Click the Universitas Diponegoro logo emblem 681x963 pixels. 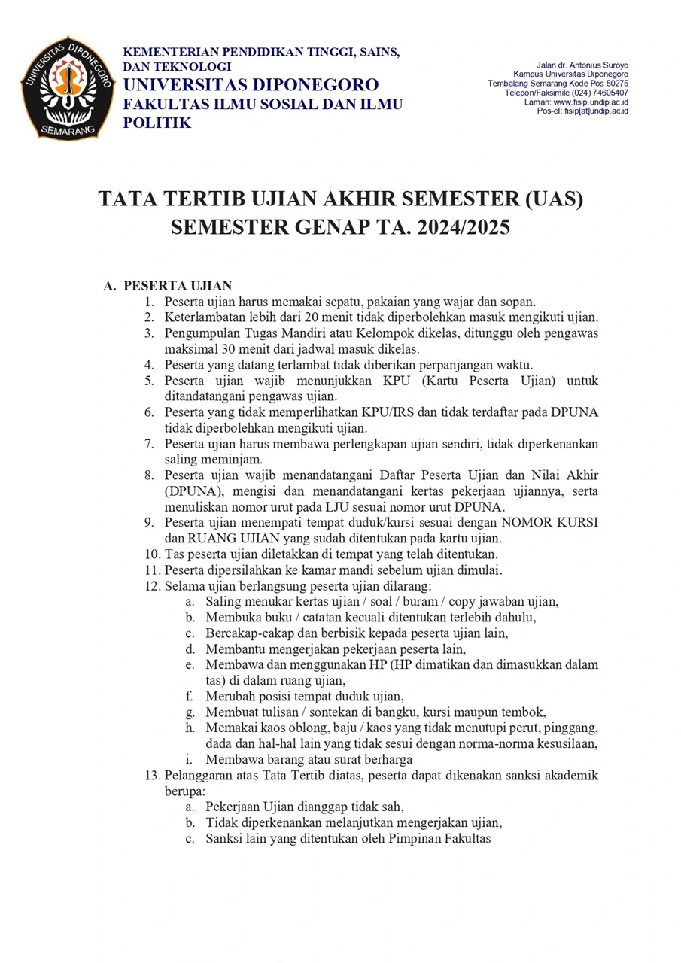click(67, 87)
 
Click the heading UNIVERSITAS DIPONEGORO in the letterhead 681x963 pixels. click(251, 84)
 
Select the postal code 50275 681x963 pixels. click(611, 84)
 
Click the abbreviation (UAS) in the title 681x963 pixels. click(546, 199)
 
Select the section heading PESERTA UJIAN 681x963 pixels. click(178, 286)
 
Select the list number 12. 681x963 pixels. click(153, 585)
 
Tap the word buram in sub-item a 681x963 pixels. click(408, 601)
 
